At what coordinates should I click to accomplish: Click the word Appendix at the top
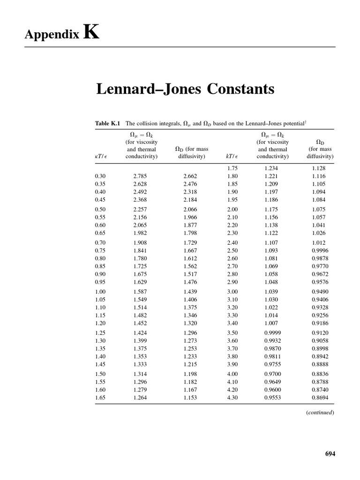(52, 35)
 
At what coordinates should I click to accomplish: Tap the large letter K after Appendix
(91, 32)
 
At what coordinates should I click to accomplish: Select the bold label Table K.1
(108, 123)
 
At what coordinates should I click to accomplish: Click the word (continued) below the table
(320, 412)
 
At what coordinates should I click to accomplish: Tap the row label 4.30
(232, 397)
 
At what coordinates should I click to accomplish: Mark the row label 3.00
(232, 292)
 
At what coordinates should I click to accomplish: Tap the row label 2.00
(232, 209)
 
